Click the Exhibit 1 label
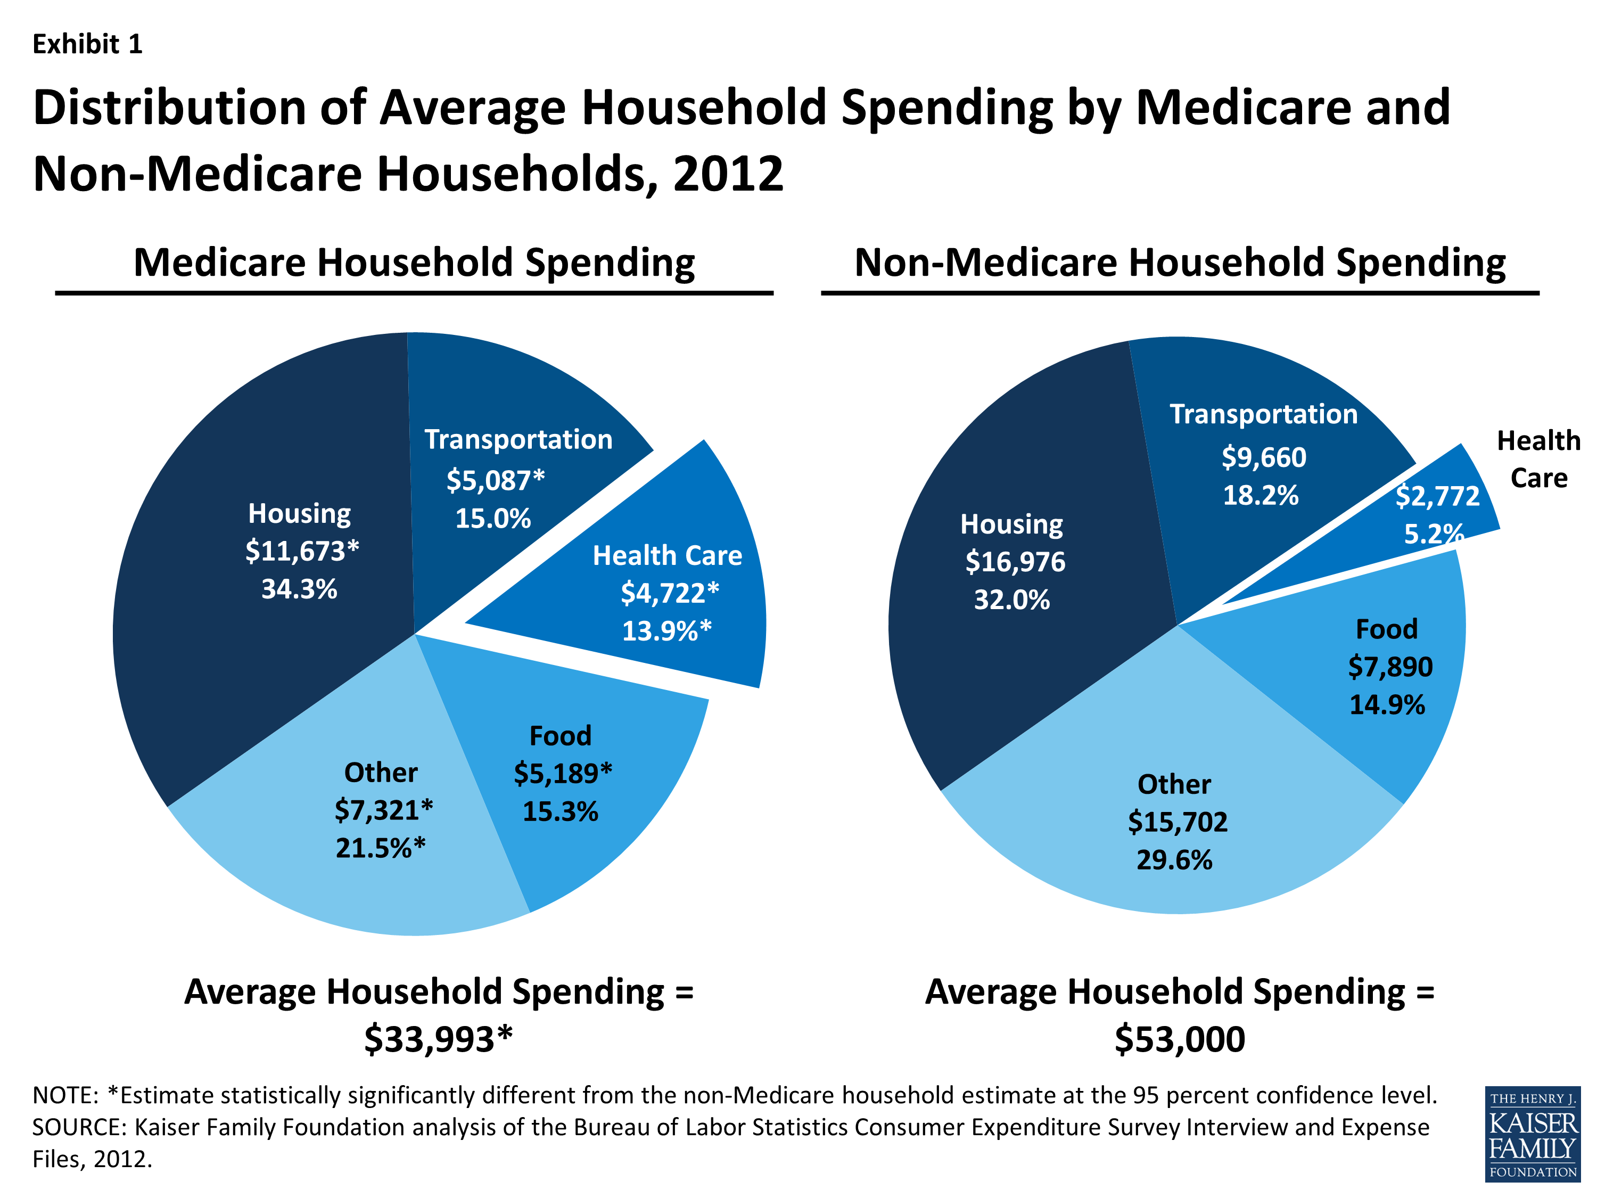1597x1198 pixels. [x=87, y=44]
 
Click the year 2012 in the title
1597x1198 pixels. [x=728, y=174]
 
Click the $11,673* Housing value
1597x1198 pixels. [x=302, y=551]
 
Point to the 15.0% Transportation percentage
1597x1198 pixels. [x=492, y=519]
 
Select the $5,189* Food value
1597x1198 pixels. [x=563, y=774]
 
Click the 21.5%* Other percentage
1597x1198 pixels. [x=381, y=848]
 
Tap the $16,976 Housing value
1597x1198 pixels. [x=1015, y=562]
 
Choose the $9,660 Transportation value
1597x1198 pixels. [x=1263, y=457]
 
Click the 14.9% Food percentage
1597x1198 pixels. [x=1387, y=705]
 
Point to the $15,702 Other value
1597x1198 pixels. [x=1178, y=822]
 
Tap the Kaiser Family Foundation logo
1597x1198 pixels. [x=1532, y=1134]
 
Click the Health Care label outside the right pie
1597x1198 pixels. [x=1538, y=459]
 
